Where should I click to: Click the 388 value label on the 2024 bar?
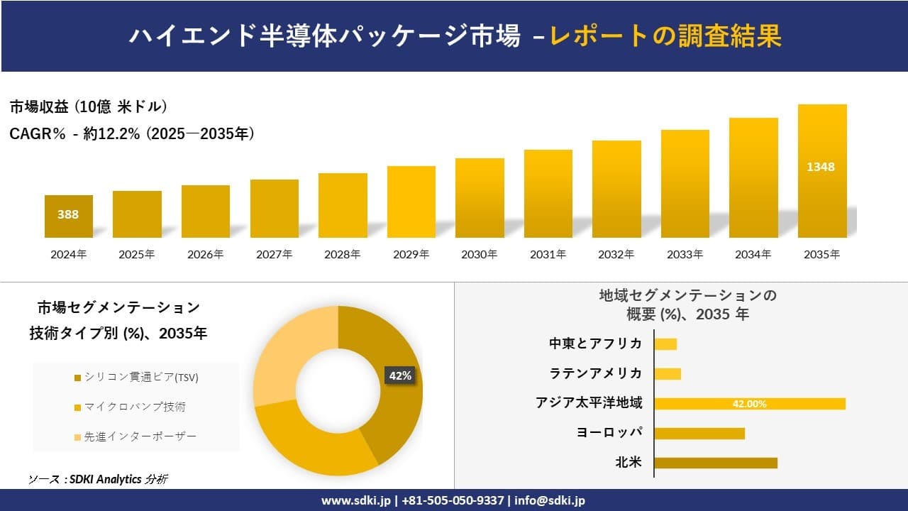pyautogui.click(x=68, y=214)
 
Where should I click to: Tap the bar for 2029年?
pyautogui.click(x=411, y=202)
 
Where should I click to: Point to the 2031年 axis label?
pyautogui.click(x=548, y=254)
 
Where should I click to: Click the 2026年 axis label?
pyautogui.click(x=205, y=254)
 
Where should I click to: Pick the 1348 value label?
pyautogui.click(x=821, y=167)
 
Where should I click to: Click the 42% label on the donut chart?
pyautogui.click(x=399, y=375)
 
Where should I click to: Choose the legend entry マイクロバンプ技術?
pyautogui.click(x=135, y=407)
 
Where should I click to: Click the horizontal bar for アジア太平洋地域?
pyautogui.click(x=749, y=404)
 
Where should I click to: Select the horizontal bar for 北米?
pyautogui.click(x=715, y=463)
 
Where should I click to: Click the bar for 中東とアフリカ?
pyautogui.click(x=665, y=344)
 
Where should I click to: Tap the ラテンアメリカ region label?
pyautogui.click(x=596, y=373)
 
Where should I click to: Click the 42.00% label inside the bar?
pyautogui.click(x=749, y=404)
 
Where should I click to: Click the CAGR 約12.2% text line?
pyautogui.click(x=132, y=133)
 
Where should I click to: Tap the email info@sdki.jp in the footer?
pyautogui.click(x=550, y=500)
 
